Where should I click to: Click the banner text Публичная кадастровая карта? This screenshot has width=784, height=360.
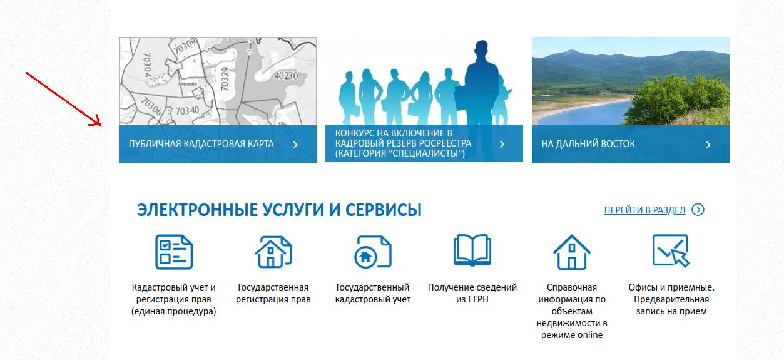tap(201, 144)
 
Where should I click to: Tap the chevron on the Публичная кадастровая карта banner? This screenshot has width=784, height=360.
tap(295, 145)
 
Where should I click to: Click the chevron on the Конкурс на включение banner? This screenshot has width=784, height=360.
tap(502, 144)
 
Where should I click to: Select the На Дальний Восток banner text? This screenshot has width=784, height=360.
tap(588, 144)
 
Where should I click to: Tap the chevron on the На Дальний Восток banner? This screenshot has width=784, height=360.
tap(708, 145)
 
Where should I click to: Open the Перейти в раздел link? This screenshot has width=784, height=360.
tap(644, 210)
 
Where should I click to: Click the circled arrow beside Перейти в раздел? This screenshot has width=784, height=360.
tap(698, 210)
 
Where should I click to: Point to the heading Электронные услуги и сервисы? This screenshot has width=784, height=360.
tap(279, 210)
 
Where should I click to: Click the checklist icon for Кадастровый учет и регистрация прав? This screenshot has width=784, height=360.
tap(174, 252)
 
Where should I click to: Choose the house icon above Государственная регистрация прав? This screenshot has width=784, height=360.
tap(273, 252)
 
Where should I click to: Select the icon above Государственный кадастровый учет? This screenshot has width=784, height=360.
tap(373, 252)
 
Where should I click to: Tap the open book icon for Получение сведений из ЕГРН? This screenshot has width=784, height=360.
tap(472, 250)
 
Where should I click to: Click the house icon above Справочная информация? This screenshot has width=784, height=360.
tap(571, 252)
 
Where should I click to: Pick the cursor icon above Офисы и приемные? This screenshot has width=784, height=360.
tap(671, 250)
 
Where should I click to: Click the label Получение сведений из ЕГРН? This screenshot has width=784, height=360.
tap(472, 293)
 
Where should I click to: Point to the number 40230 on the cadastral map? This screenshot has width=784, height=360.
tap(287, 76)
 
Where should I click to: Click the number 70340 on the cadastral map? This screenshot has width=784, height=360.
tap(187, 111)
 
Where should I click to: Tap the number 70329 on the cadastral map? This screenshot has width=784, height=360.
tap(225, 79)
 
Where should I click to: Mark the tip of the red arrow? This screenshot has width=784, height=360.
tap(101, 125)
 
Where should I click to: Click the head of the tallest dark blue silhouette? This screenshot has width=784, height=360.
tap(482, 50)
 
